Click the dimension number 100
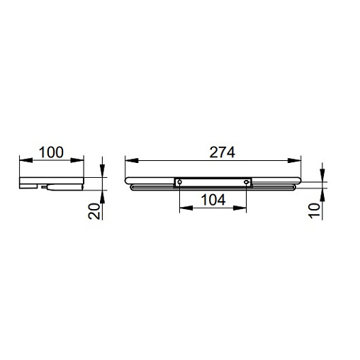(51, 152)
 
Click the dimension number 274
(223, 152)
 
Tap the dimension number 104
(213, 200)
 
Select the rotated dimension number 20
(94, 211)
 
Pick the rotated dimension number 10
(314, 211)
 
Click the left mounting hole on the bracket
(180, 182)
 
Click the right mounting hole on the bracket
(247, 182)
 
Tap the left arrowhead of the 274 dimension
(132, 161)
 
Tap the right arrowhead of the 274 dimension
(294, 161)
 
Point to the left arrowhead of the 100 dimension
(26, 160)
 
